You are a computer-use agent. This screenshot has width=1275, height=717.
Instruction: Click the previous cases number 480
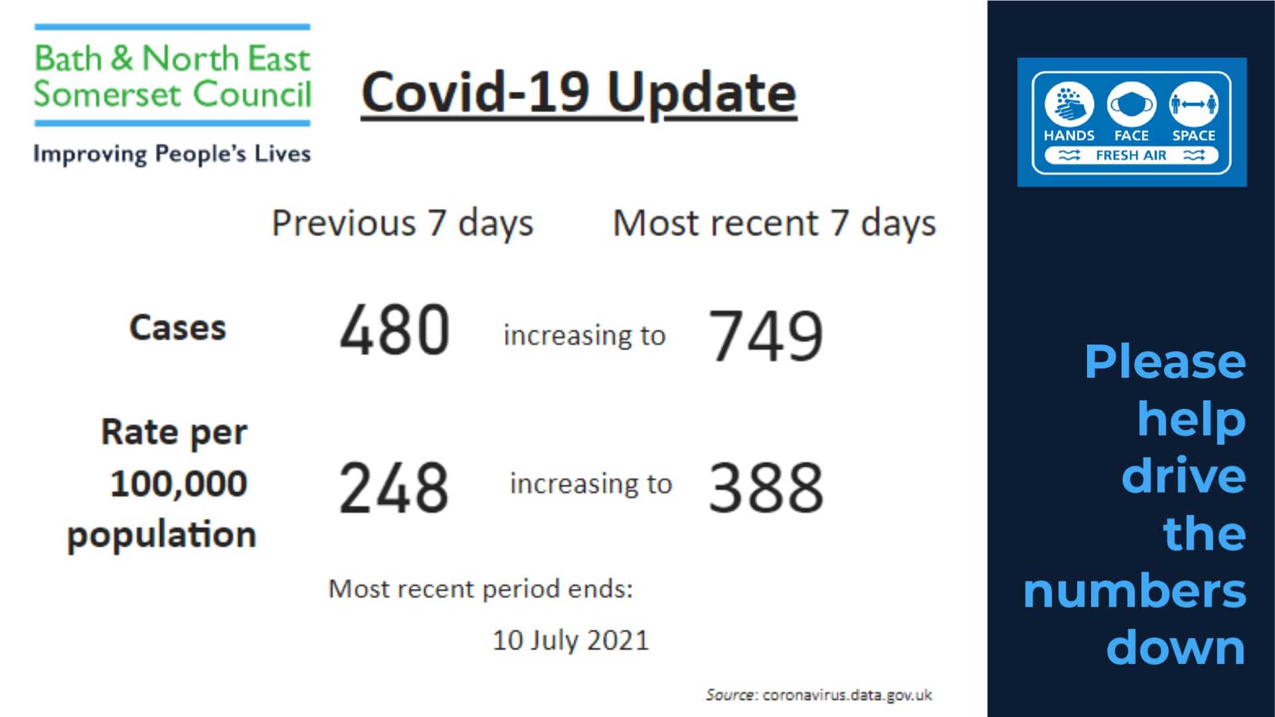click(x=394, y=329)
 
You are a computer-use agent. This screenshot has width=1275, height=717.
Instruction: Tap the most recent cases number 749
click(x=766, y=336)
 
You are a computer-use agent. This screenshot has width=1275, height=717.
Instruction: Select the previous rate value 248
click(x=394, y=489)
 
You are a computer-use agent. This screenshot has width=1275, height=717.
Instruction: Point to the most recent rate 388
click(x=766, y=489)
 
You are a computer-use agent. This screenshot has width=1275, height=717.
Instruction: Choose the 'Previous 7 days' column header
click(x=402, y=223)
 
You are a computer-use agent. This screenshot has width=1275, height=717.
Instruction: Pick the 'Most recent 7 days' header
click(x=774, y=223)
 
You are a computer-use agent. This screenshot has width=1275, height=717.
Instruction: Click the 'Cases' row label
click(x=178, y=328)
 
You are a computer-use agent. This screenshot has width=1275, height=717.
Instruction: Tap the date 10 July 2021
click(x=570, y=641)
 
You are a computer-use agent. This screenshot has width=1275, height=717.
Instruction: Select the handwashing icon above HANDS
click(x=1068, y=104)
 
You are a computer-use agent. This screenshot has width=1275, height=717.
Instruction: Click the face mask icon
click(x=1131, y=104)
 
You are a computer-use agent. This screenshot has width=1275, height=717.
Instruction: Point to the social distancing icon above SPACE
click(x=1193, y=104)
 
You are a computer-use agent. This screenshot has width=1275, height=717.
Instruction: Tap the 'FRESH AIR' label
click(x=1131, y=155)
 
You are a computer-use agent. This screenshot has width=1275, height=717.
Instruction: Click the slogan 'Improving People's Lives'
click(x=172, y=154)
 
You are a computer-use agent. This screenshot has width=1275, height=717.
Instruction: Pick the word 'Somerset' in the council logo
click(x=108, y=94)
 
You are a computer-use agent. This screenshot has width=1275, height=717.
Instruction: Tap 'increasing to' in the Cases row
click(x=584, y=336)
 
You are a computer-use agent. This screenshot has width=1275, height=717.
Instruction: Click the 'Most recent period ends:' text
click(x=481, y=589)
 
